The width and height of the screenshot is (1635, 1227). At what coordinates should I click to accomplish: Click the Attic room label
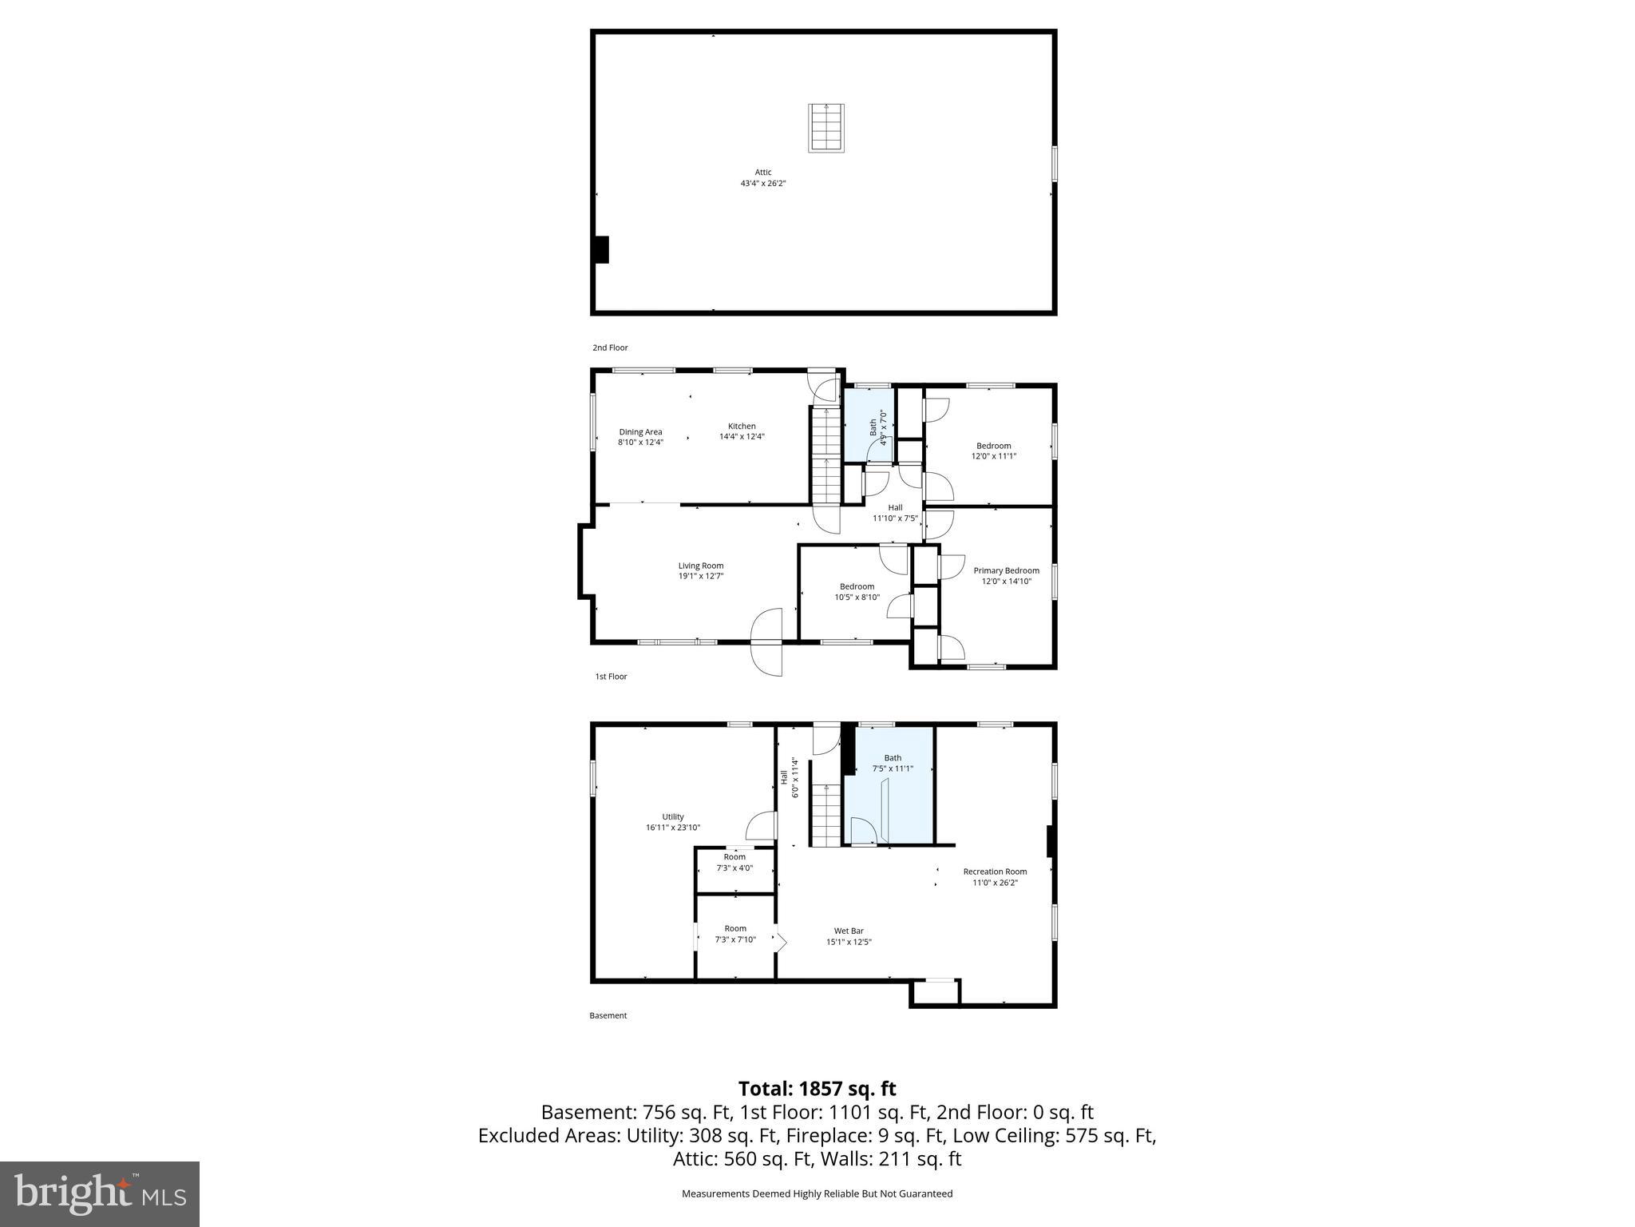[x=763, y=173]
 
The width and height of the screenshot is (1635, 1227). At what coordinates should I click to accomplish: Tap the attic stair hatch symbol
[x=826, y=128]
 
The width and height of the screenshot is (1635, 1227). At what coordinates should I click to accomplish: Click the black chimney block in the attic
[x=601, y=249]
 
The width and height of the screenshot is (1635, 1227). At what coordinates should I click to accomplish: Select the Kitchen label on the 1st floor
[x=742, y=427]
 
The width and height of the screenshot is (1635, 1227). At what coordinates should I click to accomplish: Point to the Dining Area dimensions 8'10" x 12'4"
[x=640, y=443]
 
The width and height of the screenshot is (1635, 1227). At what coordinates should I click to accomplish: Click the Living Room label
[x=701, y=566]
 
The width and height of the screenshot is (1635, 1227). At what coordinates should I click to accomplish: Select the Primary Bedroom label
[x=1006, y=571]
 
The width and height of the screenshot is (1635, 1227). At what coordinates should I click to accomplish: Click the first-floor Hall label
[x=895, y=508]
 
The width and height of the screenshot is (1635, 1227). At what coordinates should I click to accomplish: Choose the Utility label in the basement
[x=673, y=817]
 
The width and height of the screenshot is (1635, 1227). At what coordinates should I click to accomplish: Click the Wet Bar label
[x=849, y=931]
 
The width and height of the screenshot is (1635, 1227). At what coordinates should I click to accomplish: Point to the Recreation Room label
[x=995, y=872]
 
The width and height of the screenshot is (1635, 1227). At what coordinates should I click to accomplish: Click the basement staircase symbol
[x=826, y=815]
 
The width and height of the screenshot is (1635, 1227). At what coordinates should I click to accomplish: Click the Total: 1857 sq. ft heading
[x=817, y=1089]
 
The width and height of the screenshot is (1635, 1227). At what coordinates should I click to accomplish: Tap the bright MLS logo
[x=100, y=1193]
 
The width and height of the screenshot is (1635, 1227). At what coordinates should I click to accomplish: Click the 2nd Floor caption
[x=610, y=348]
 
